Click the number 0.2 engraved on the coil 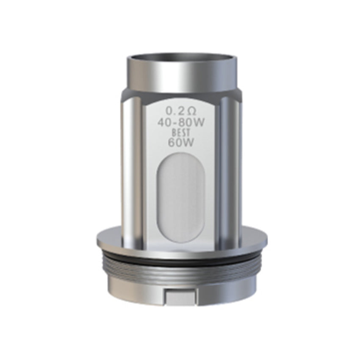point(173,112)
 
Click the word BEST point(180,133)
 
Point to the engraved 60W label point(180,142)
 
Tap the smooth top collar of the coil point(180,76)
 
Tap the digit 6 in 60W point(172,142)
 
